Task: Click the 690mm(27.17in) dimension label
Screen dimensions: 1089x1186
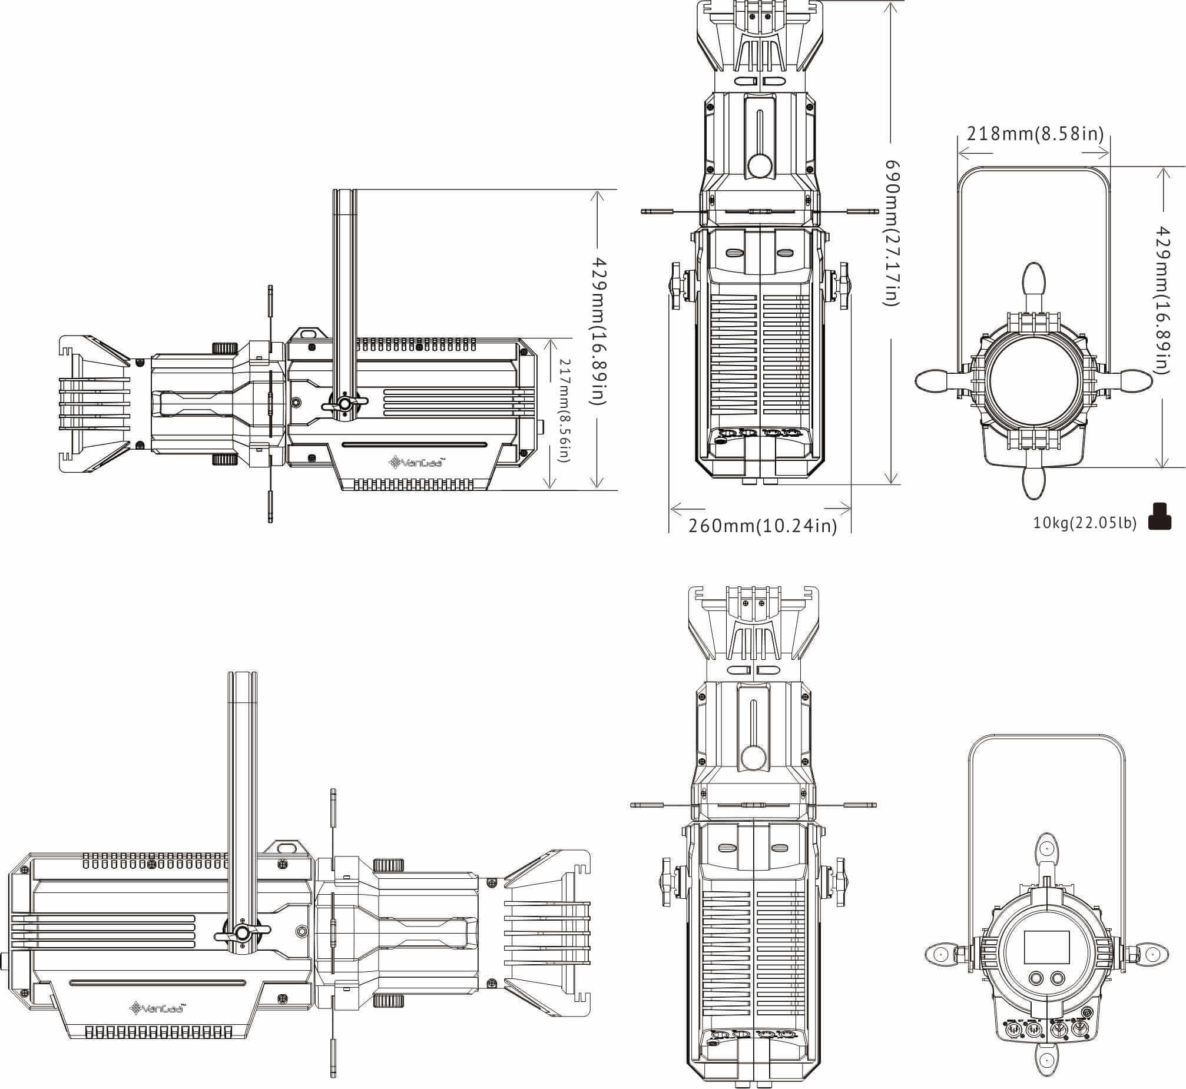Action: [x=893, y=232]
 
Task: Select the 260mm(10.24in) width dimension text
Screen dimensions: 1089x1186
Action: [x=762, y=526]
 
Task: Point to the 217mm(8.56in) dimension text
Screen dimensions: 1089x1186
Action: [x=564, y=411]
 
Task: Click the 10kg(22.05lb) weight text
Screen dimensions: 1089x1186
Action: [x=1085, y=523]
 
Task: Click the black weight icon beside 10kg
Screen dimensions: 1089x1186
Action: [x=1160, y=517]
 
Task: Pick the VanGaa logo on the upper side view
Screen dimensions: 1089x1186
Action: [x=417, y=462]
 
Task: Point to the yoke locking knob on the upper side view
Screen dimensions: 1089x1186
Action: [x=344, y=404]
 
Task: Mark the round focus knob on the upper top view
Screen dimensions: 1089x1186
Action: [x=759, y=165]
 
